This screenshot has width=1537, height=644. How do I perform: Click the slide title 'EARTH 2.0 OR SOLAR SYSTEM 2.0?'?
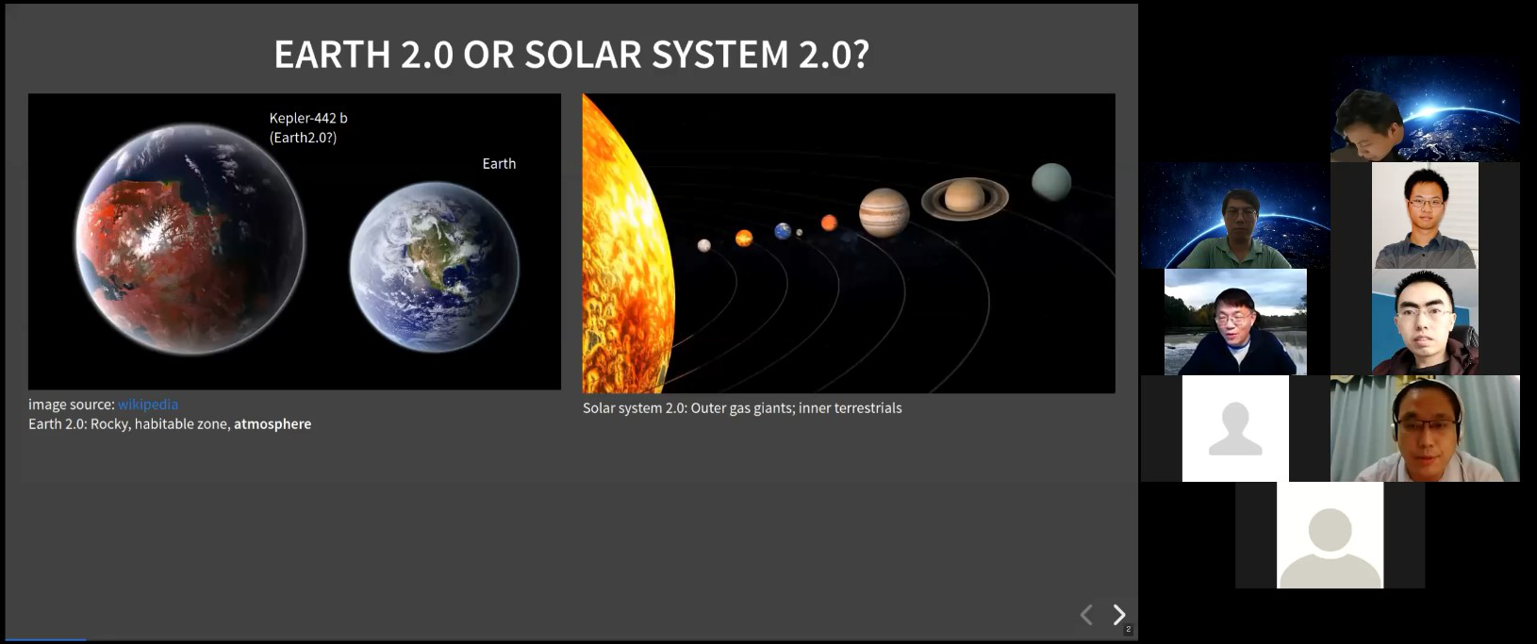(x=571, y=54)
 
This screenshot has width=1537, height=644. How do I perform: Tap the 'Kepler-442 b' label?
(x=308, y=118)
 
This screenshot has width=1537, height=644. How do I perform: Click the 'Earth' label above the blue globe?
(x=499, y=163)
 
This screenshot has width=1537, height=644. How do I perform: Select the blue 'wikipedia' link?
(x=147, y=405)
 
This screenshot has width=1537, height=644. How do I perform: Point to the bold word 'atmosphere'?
(x=273, y=424)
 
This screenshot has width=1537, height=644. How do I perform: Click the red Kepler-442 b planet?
(x=190, y=239)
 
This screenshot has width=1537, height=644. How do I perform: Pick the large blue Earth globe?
(x=435, y=267)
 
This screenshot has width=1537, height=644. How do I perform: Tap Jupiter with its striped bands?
(x=884, y=212)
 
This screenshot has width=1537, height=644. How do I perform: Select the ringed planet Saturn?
(x=965, y=197)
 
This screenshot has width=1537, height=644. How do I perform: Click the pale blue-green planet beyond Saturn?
(x=1051, y=182)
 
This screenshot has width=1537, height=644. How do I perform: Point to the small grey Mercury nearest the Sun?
(x=704, y=245)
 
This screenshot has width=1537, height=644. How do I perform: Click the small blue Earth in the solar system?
(x=783, y=231)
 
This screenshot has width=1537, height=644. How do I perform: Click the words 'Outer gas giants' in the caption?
(x=742, y=408)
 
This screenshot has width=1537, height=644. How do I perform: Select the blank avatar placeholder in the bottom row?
(x=1330, y=535)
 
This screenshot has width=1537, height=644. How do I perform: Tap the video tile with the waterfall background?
(x=1235, y=322)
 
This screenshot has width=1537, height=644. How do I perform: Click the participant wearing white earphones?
(x=1425, y=429)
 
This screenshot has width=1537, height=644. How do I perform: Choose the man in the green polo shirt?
(x=1235, y=215)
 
